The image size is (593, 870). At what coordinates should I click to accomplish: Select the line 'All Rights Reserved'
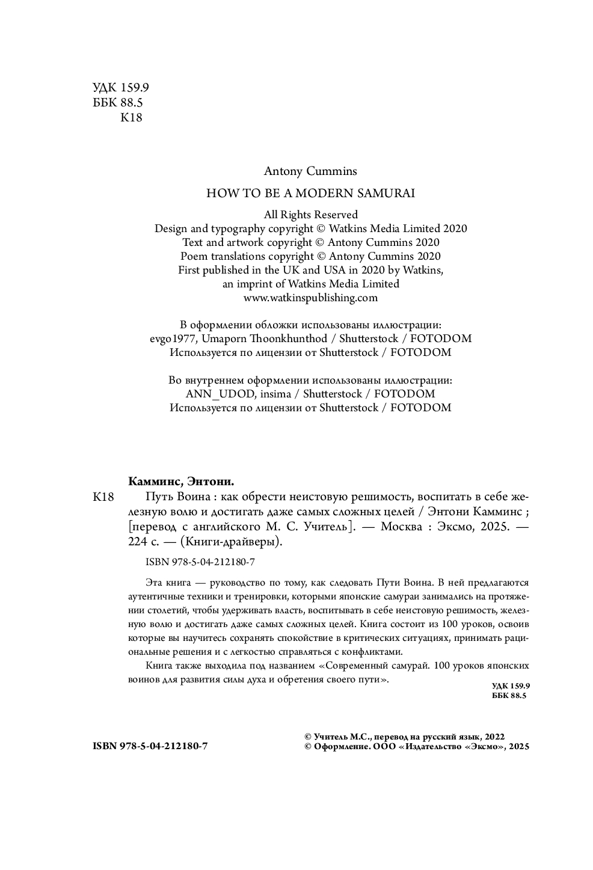coord(311,215)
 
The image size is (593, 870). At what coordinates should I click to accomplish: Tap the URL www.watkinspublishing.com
coord(311,297)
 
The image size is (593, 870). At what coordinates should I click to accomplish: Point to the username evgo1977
coord(170,339)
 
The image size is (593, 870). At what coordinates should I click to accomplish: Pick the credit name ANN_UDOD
coord(222,394)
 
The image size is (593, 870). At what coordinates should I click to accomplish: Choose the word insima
coord(277,394)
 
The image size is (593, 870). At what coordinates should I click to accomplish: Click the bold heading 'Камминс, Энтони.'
coord(181,482)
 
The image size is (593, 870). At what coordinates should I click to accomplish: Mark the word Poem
coord(194,256)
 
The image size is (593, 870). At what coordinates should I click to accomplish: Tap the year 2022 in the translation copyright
coord(494,736)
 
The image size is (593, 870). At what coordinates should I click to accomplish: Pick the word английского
coord(224,527)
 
